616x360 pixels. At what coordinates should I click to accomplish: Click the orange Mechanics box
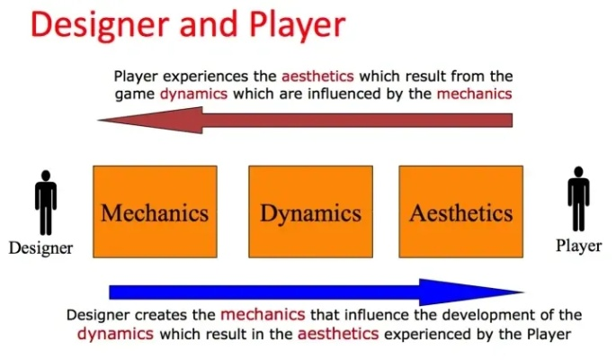pyautogui.click(x=155, y=212)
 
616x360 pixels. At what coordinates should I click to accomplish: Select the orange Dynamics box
pyautogui.click(x=310, y=212)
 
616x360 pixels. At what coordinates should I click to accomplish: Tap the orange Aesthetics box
pyautogui.click(x=460, y=212)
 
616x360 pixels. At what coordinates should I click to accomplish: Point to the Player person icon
pyautogui.click(x=578, y=203)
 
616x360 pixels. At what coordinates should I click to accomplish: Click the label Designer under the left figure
pyautogui.click(x=40, y=247)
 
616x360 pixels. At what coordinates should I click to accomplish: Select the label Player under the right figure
pyautogui.click(x=578, y=245)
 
